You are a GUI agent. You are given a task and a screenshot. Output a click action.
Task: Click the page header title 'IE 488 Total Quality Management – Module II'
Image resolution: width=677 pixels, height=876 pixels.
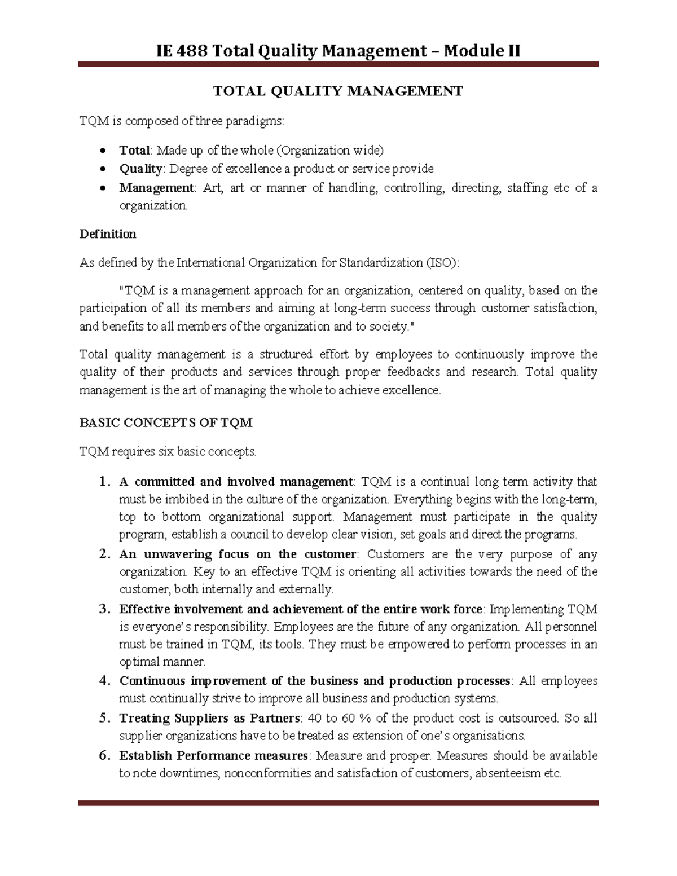click(x=338, y=51)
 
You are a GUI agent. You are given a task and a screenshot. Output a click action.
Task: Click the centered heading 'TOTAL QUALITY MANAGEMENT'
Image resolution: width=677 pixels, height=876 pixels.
click(x=337, y=91)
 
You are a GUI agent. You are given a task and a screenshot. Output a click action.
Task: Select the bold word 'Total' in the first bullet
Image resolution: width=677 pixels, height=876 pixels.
click(x=134, y=151)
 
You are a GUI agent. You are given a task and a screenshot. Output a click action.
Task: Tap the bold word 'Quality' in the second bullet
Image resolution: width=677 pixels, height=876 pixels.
click(x=140, y=169)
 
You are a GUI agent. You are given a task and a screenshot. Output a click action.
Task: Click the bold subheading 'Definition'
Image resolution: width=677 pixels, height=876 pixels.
click(x=108, y=234)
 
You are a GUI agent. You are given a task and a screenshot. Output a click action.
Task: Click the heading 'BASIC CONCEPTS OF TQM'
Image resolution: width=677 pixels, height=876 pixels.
click(x=166, y=423)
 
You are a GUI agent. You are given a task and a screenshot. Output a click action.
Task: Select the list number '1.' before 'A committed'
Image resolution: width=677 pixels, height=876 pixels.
click(x=103, y=482)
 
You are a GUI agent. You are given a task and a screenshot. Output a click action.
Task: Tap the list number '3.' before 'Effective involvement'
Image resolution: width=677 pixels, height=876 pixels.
click(x=103, y=610)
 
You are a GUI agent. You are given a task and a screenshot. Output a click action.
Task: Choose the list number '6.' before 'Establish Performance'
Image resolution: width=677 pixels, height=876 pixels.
click(x=103, y=756)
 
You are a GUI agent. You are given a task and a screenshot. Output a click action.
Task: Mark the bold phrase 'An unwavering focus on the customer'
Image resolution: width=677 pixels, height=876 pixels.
click(x=238, y=554)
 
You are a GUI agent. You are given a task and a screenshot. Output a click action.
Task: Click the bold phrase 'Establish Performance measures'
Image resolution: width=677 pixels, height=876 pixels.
click(x=213, y=756)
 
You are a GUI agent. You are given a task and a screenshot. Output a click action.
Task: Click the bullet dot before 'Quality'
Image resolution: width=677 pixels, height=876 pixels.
click(x=102, y=169)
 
